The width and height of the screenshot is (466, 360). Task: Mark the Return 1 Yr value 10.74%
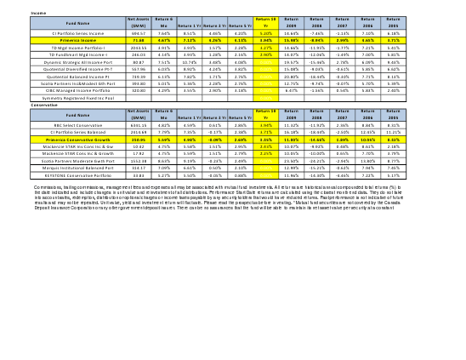(190, 63)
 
